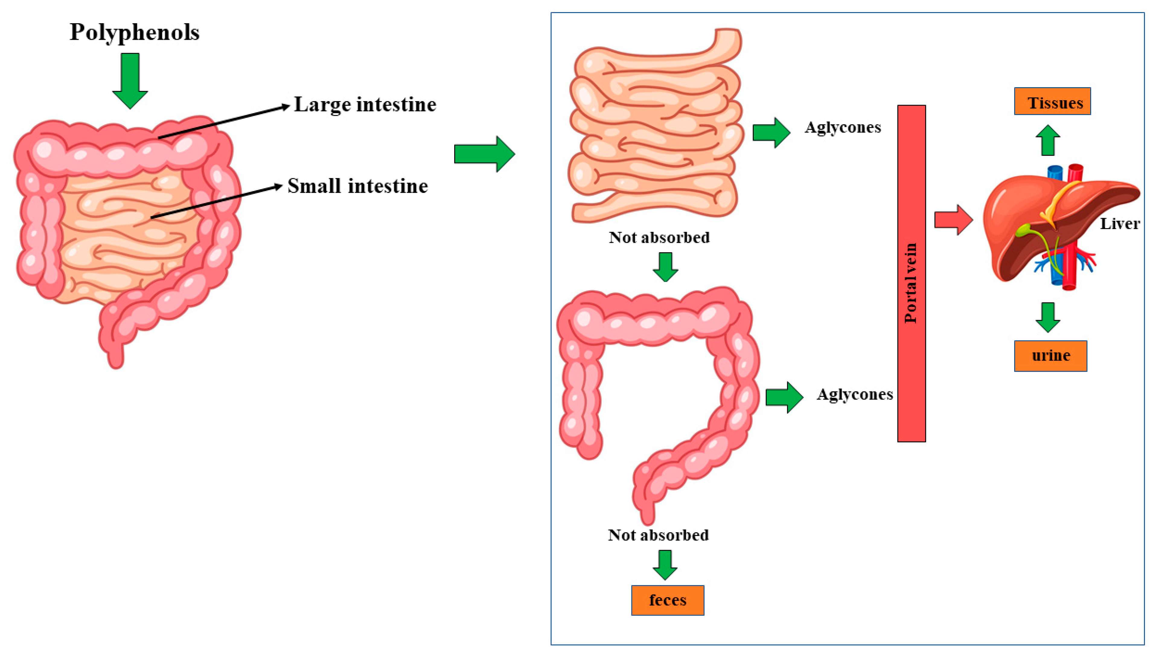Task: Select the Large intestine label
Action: tap(365, 104)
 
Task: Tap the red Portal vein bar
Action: tap(911, 274)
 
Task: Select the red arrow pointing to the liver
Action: tap(953, 220)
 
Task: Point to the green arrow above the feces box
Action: tap(665, 565)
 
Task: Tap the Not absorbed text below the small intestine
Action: tap(659, 237)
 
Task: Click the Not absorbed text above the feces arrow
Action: tap(658, 535)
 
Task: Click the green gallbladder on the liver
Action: tap(1024, 230)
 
